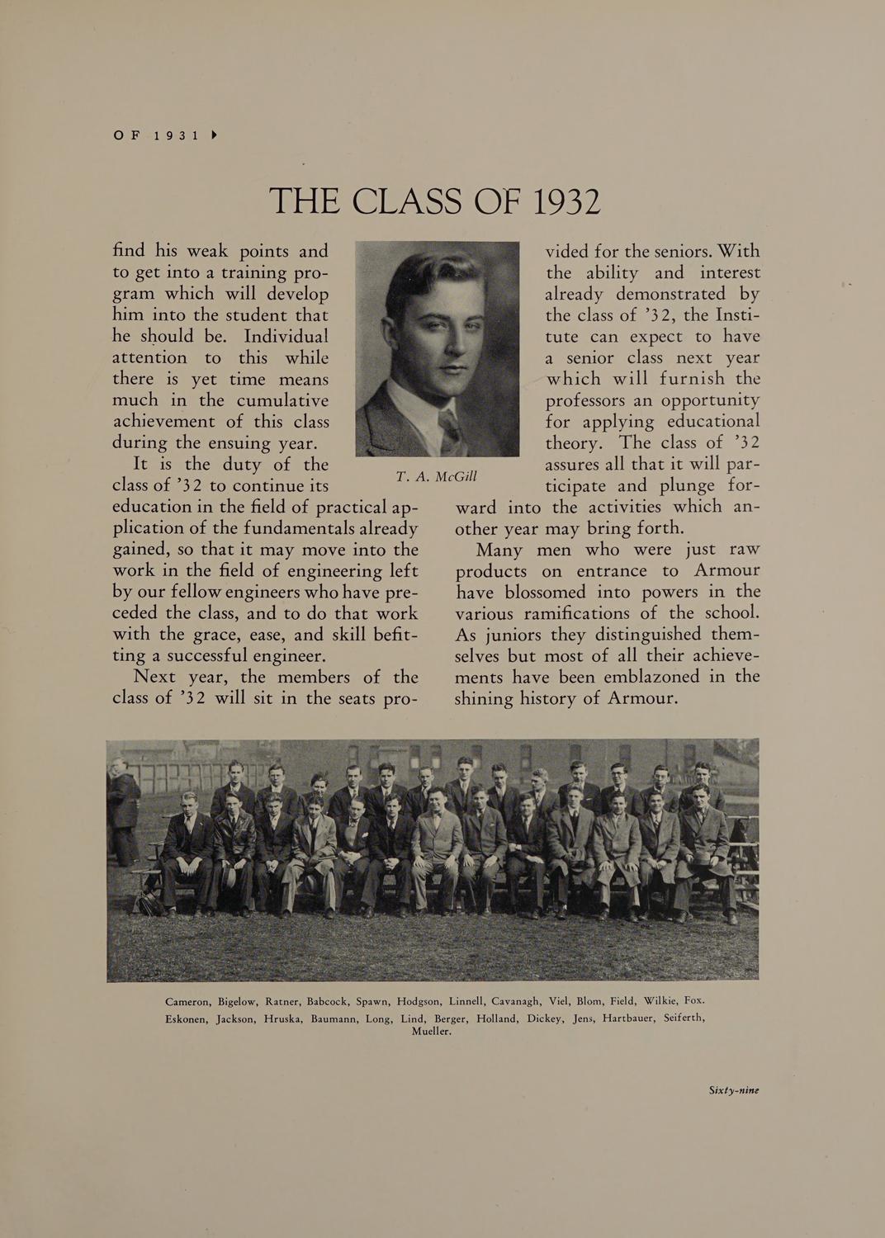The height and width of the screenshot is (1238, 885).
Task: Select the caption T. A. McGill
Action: [436, 477]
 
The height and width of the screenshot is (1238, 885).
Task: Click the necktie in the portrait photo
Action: [451, 428]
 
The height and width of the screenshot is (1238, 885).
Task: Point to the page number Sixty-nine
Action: [733, 1089]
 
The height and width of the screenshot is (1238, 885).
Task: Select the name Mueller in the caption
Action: [431, 1032]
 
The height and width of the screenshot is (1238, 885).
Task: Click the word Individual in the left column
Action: [286, 337]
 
